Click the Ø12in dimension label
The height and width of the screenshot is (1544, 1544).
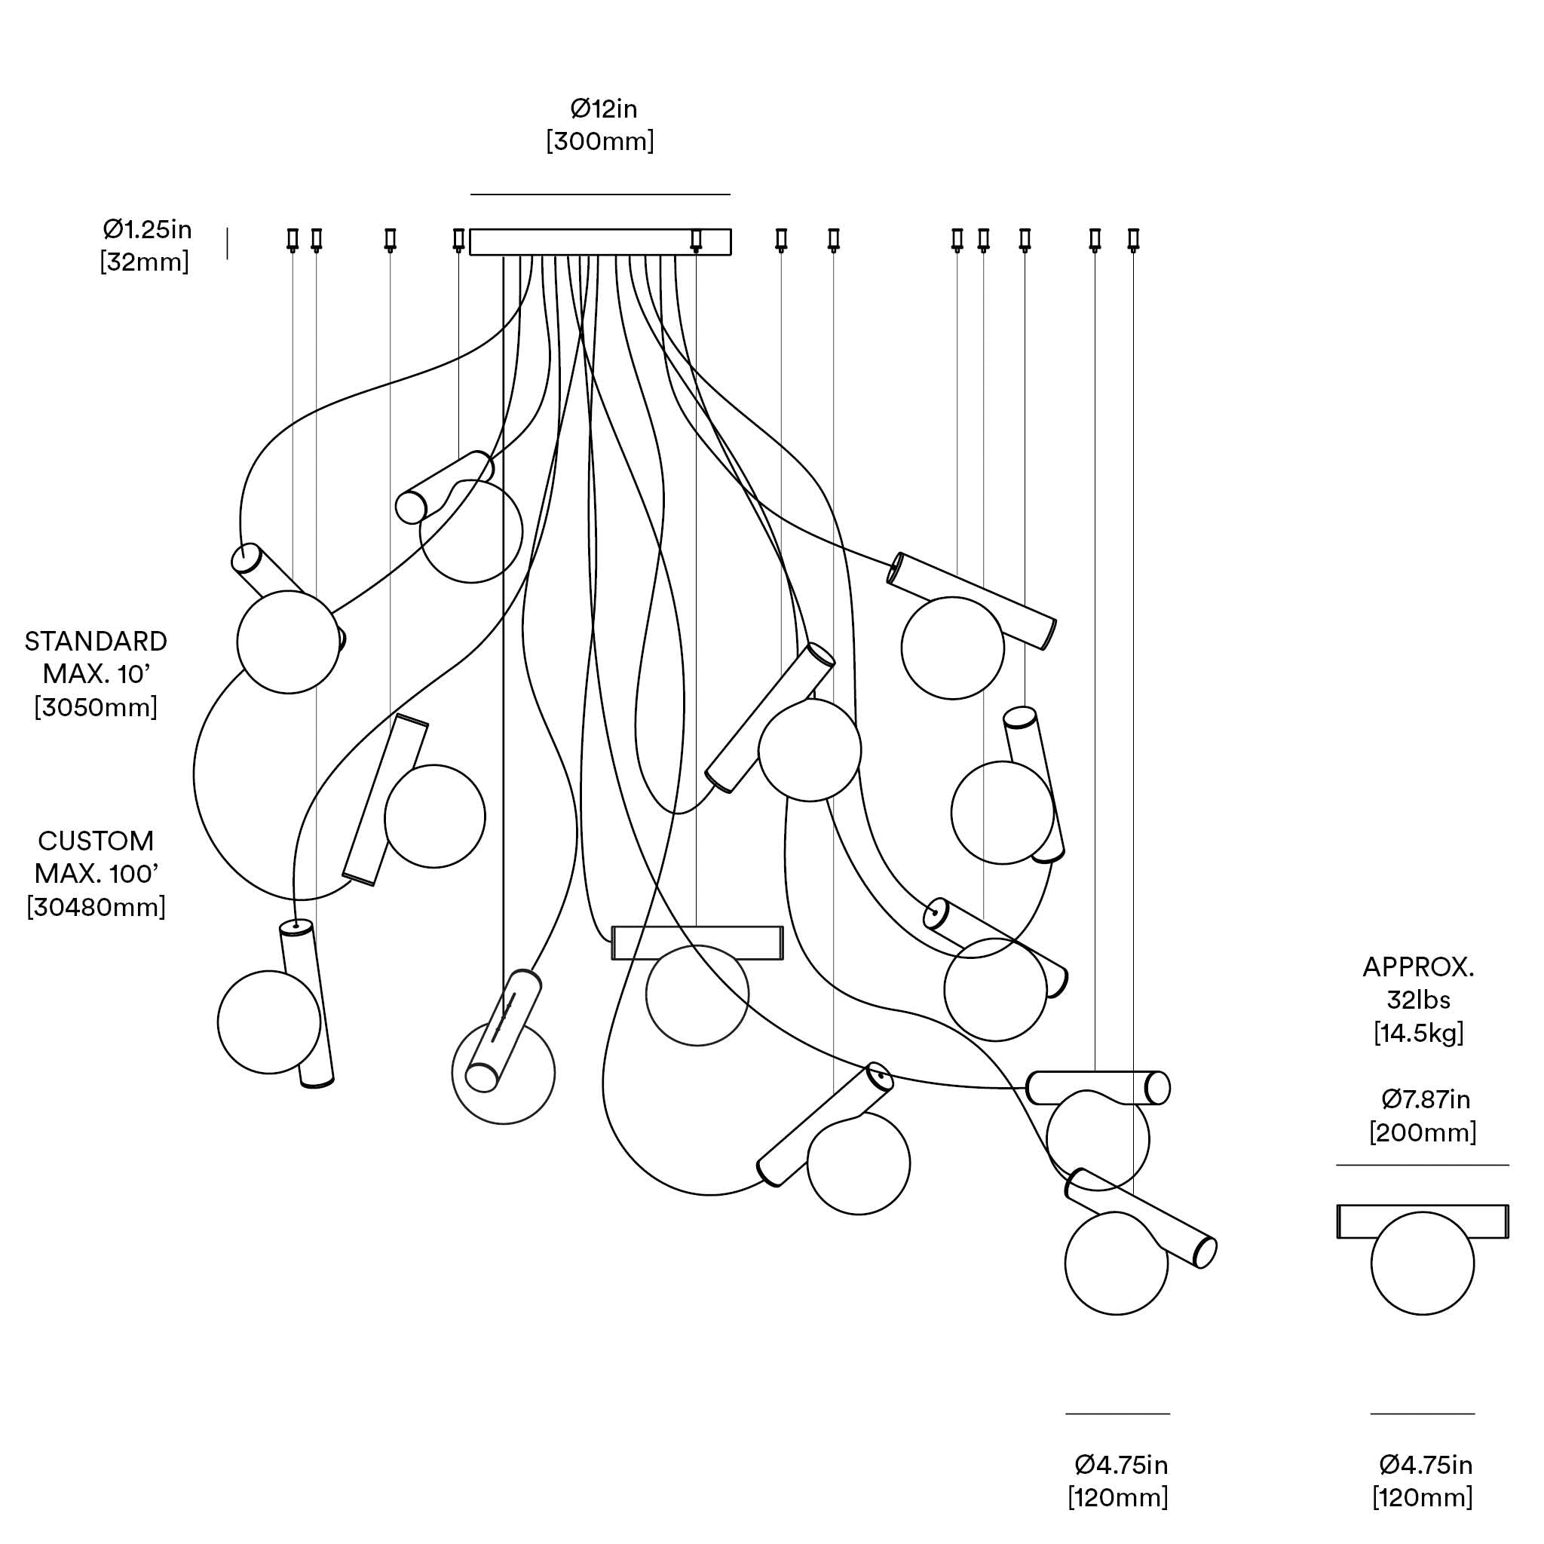pos(602,109)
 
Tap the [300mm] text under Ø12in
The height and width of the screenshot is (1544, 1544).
pos(600,142)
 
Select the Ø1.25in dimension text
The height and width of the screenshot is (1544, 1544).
pos(147,230)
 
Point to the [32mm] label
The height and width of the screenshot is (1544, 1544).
pos(145,262)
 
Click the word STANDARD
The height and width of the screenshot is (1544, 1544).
pos(96,641)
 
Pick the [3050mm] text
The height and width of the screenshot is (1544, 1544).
pos(96,707)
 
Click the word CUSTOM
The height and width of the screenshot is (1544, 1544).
pos(96,841)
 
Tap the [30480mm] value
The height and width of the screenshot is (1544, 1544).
pos(96,907)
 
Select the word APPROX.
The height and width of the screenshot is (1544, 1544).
pos(1418,967)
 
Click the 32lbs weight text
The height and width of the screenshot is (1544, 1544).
pos(1418,1000)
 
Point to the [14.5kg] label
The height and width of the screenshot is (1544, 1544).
pos(1418,1034)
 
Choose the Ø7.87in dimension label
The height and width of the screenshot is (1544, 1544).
pos(1426,1100)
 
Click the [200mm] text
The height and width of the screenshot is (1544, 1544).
pos(1423,1132)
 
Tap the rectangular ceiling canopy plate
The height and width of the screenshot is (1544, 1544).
pos(600,242)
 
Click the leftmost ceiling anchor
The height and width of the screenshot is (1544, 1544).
pos(293,239)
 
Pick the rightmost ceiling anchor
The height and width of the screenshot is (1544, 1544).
pos(1133,239)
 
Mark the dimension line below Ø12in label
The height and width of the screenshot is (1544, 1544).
pos(600,195)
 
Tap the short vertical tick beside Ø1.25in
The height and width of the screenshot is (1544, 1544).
pos(228,244)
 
